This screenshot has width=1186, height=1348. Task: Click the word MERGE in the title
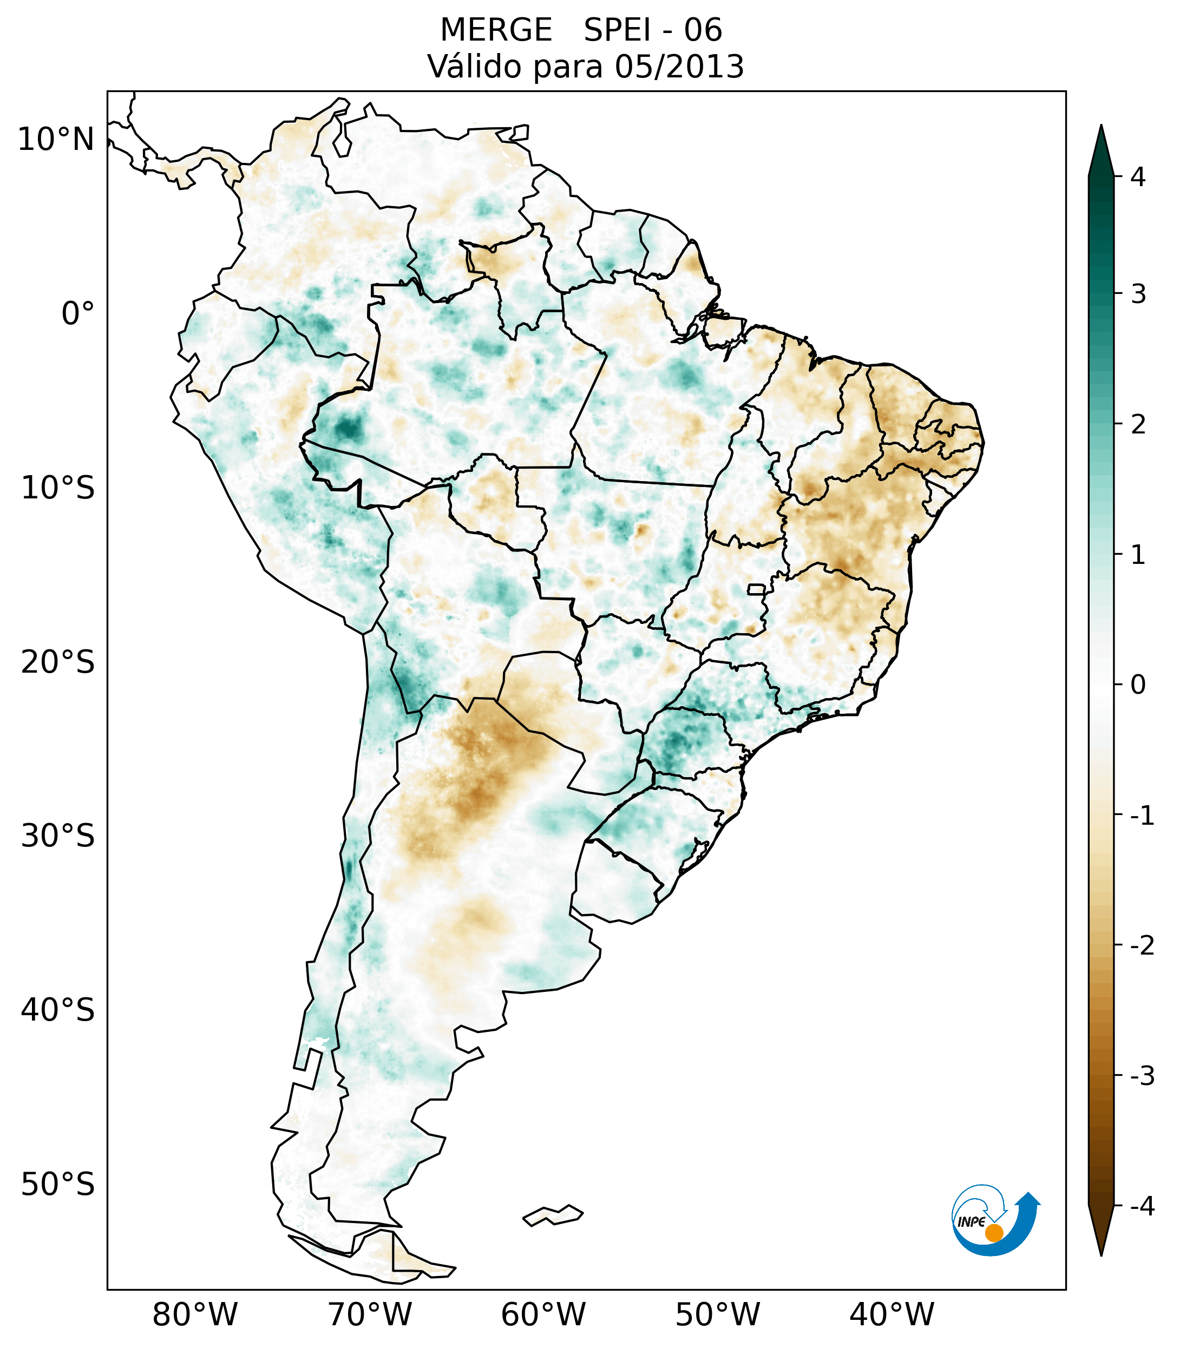click(495, 30)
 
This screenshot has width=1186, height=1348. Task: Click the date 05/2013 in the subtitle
click(679, 67)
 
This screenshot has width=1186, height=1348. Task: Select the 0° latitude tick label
click(78, 314)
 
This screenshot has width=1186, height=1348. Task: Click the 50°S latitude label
click(58, 1185)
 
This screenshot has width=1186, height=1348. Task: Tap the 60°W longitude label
click(543, 1314)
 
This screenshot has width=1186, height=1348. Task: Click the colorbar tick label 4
click(1138, 177)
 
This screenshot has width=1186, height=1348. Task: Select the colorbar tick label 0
click(1138, 685)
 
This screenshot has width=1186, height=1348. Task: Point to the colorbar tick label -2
click(1142, 946)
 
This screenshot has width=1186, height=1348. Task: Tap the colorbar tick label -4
click(1142, 1207)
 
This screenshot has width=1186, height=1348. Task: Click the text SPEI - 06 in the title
click(652, 30)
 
